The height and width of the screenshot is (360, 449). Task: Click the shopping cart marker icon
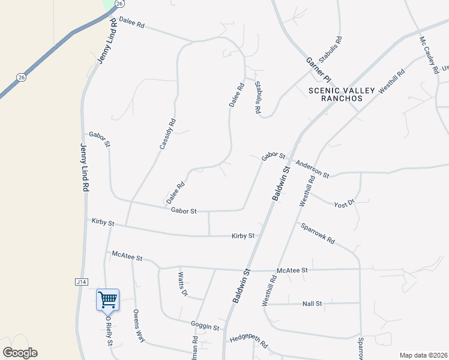[107, 299]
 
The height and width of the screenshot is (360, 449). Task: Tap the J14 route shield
[81, 281]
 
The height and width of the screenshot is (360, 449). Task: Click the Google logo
[20, 353]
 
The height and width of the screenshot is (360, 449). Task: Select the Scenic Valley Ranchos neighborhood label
[342, 94]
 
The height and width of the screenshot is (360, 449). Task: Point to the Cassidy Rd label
[167, 133]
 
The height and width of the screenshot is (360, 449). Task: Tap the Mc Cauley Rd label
[429, 56]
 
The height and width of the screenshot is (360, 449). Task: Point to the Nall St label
[312, 304]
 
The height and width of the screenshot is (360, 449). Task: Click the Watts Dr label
[182, 285]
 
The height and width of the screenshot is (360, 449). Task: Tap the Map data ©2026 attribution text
[423, 355]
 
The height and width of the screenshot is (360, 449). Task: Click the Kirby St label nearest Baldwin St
[243, 236]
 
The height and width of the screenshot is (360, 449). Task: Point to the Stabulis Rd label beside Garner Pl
[330, 50]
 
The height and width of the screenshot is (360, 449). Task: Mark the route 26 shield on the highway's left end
[22, 77]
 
